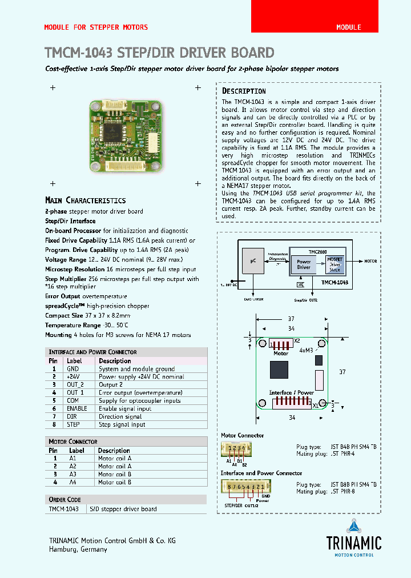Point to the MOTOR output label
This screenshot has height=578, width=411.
(370, 261)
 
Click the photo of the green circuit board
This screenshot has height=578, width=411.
(125, 135)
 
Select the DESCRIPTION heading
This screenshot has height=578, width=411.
(244, 91)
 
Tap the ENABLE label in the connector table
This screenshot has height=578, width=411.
(76, 408)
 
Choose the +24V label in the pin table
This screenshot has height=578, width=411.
(73, 377)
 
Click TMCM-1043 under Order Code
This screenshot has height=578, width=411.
(64, 509)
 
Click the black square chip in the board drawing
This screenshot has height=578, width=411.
(280, 371)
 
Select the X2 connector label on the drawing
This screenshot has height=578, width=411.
(297, 341)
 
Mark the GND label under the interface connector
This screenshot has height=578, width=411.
(265, 496)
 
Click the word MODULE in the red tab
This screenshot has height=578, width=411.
(348, 27)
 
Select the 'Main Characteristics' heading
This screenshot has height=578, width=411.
(85, 200)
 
